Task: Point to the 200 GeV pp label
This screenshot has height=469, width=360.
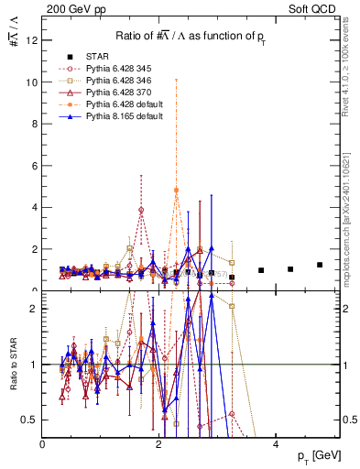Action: (68, 7)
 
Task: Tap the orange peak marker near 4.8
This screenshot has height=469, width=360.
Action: (176, 190)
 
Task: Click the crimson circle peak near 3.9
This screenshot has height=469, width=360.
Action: (141, 210)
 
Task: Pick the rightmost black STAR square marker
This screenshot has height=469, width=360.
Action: (319, 265)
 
